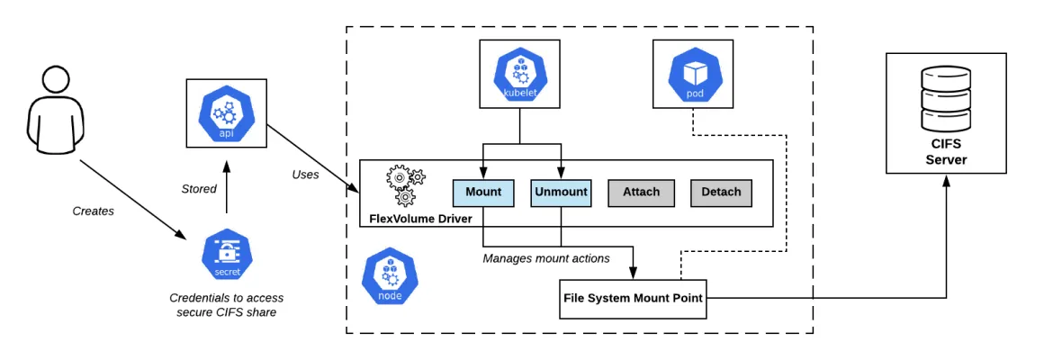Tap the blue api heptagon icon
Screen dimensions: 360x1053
coord(226,112)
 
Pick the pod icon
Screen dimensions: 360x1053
coord(694,74)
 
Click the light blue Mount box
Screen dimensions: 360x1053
coord(483,192)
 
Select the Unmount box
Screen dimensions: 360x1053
coord(561,192)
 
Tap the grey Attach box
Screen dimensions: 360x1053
coord(641,192)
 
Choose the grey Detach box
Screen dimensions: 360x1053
coord(720,192)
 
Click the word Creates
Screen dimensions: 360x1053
coord(94,211)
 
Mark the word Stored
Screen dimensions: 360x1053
coord(199,189)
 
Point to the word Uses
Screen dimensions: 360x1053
coord(305,174)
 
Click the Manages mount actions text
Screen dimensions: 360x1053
coord(546,258)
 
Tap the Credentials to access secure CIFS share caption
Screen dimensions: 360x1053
coord(226,304)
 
